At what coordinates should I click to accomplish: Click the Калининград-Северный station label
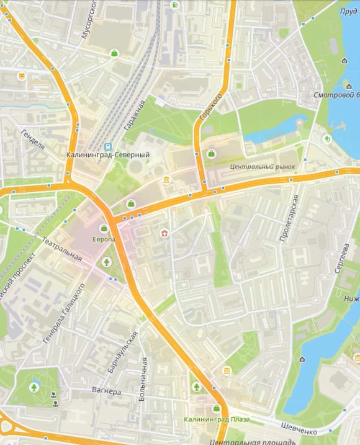(108, 155)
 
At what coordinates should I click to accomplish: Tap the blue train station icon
(107, 146)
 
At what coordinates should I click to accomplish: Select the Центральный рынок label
(262, 166)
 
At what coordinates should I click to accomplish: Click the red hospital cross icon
(164, 233)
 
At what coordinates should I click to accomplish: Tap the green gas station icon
(175, 5)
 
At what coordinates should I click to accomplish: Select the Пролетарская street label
(289, 218)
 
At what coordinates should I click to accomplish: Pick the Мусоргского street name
(89, 19)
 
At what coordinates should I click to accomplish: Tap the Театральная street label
(62, 248)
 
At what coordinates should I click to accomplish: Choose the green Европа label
(104, 239)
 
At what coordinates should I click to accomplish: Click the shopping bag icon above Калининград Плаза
(216, 408)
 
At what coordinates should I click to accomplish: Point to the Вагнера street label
(107, 391)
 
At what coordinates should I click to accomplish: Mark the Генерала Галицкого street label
(64, 313)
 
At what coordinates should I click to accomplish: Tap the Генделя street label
(33, 139)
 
